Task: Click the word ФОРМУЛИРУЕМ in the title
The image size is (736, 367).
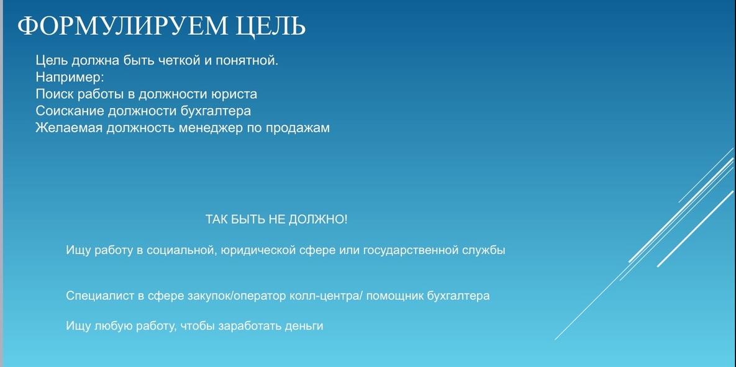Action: coord(121,25)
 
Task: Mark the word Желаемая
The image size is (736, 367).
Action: coord(68,128)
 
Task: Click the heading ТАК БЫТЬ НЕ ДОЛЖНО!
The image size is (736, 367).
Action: coord(276,219)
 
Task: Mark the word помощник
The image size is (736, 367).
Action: coord(395,297)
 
